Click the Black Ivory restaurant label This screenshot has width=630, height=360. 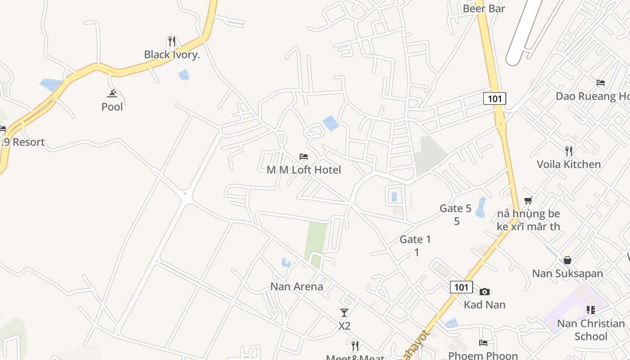point(172,55)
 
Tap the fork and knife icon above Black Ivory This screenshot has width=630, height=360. point(171,41)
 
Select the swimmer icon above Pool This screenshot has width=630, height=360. point(112,94)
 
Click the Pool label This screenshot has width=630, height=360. point(112,107)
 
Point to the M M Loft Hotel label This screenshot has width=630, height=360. point(304,170)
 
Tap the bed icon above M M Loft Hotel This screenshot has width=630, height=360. point(304,157)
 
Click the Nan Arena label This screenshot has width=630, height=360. point(297,287)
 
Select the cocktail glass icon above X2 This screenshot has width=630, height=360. point(344,312)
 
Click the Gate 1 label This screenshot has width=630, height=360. point(415,240)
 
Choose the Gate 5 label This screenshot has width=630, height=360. point(455,209)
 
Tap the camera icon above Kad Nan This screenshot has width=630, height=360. point(484,292)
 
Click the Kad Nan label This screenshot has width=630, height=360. point(485,305)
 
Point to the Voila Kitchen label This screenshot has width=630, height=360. point(568,164)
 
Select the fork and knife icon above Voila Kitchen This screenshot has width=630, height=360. point(569,151)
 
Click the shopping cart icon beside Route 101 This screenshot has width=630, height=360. point(528,200)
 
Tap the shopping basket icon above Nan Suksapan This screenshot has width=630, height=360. point(567,260)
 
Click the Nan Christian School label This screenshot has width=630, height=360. point(591,330)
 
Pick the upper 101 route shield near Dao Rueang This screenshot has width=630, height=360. point(495,99)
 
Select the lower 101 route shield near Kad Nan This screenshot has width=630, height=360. point(461,287)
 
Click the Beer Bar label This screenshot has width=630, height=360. point(484,9)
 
